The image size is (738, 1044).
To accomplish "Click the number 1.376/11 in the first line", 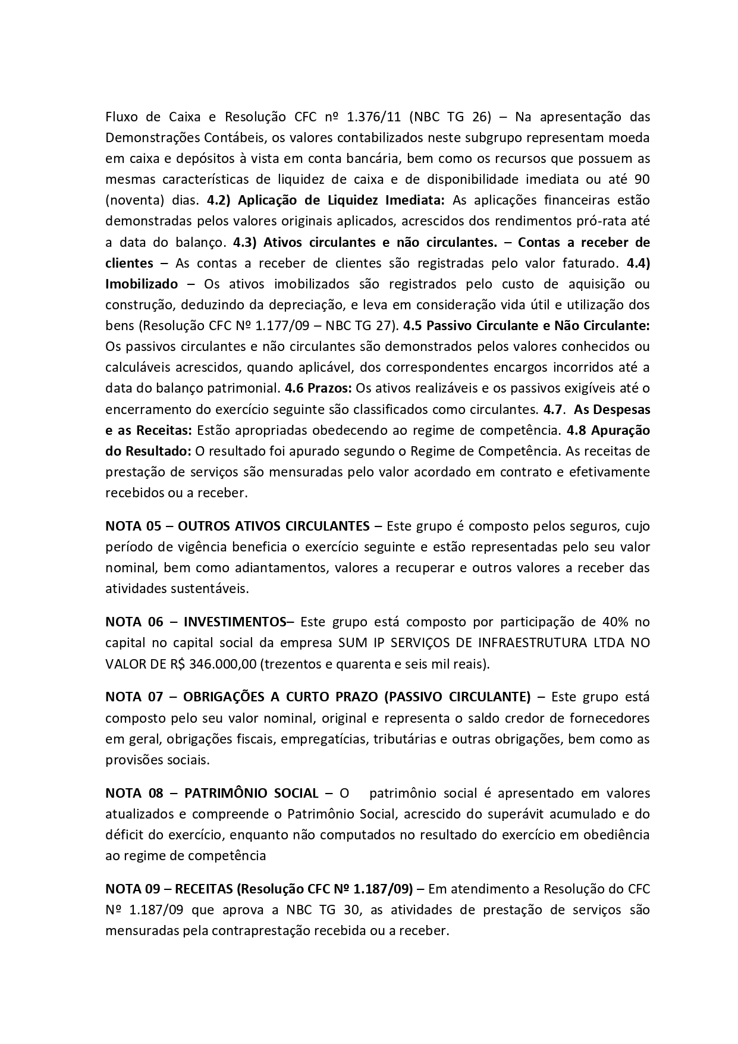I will (x=371, y=117).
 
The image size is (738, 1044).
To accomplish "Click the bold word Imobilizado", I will (x=142, y=284).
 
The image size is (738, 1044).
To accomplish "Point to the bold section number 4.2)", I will (x=218, y=200).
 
